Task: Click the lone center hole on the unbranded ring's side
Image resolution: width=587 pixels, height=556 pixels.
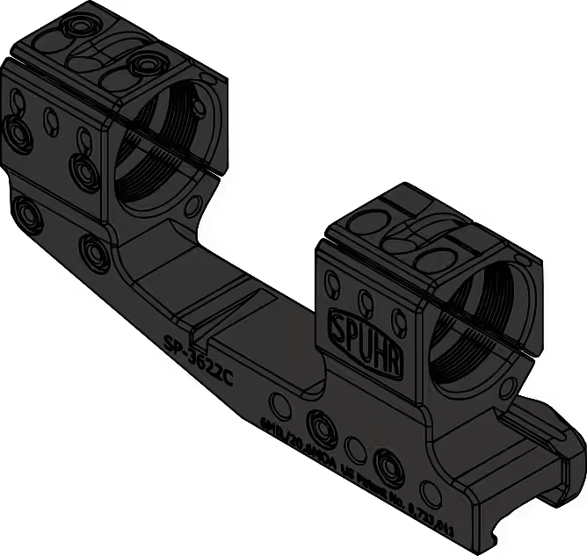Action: point(49,116)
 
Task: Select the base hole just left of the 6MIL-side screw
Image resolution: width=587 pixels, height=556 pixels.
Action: point(282,404)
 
